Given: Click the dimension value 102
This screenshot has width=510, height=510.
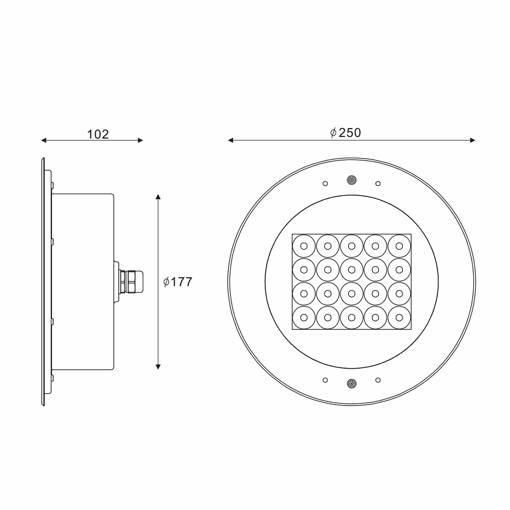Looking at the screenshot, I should click(x=98, y=134).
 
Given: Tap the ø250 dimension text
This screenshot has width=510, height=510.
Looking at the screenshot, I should click(x=345, y=133).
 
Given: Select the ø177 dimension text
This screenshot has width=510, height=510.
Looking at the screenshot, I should click(x=177, y=282).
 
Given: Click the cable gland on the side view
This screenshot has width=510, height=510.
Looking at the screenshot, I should click(x=130, y=282).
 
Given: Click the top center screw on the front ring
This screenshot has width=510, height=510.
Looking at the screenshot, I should click(x=351, y=180).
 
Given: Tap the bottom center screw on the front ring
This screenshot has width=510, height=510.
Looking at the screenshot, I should click(x=351, y=383).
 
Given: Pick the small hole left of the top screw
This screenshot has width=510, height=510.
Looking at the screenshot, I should click(x=324, y=183).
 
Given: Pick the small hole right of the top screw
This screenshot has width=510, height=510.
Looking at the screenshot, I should click(x=377, y=183).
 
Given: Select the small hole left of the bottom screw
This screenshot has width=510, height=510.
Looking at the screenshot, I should click(x=324, y=380).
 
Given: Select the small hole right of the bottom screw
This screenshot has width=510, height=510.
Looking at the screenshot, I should click(x=377, y=380).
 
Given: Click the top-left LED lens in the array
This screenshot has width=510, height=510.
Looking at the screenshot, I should click(x=303, y=246).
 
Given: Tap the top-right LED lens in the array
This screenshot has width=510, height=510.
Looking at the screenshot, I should click(x=399, y=246).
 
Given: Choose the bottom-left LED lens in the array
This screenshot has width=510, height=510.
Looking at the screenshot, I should click(x=303, y=317).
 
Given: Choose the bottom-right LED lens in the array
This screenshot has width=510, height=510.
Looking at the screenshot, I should click(x=399, y=317).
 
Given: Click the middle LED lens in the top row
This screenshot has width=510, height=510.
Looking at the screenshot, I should click(x=351, y=246).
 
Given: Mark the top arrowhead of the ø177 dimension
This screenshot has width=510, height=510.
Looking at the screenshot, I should click(x=159, y=197).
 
